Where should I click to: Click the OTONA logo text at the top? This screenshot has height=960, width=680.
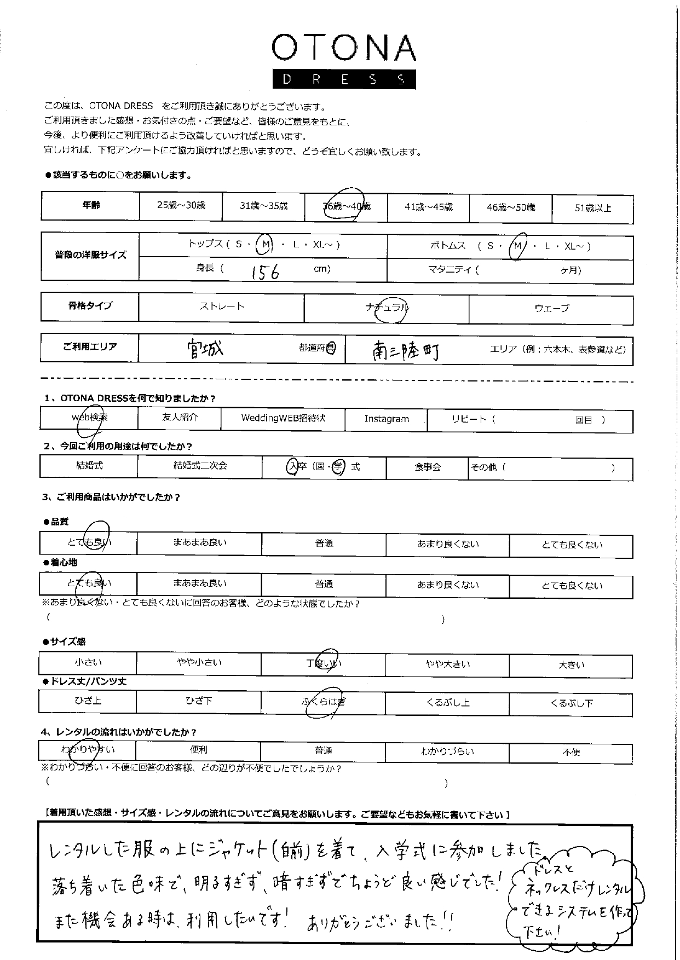343,48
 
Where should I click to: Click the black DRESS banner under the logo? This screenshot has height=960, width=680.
343,79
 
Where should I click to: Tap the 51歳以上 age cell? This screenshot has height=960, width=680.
592,208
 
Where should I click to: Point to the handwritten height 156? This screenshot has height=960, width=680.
265,271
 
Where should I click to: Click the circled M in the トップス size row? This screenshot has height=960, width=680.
264,245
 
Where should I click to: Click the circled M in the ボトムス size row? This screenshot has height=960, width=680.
517,246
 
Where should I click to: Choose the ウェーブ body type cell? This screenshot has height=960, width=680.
551,308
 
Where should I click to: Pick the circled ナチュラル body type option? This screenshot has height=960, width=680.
387,308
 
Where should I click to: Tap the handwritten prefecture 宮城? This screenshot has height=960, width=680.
205,349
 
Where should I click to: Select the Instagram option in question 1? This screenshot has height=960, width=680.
387,419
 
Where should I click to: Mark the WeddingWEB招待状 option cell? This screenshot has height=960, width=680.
283,418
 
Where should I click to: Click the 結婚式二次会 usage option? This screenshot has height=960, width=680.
200,466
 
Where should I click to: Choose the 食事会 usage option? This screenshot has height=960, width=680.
428,467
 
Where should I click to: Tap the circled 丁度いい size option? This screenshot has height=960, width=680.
324,663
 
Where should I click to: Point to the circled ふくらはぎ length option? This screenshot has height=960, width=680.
324,702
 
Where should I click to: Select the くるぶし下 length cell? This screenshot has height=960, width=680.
571,703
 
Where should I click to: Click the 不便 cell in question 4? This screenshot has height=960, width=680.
571,752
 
